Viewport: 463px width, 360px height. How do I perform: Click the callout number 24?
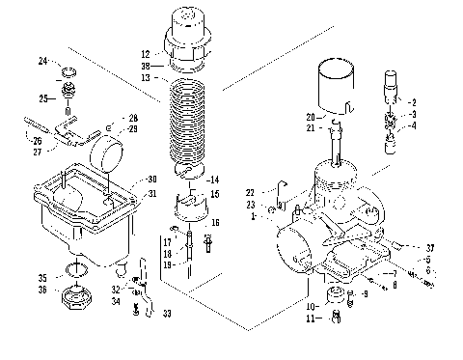click(x=42, y=62)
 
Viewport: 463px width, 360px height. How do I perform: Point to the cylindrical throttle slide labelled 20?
click(x=341, y=87)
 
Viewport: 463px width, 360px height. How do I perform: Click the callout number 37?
click(x=429, y=248)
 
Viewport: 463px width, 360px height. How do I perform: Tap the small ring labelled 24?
click(x=68, y=72)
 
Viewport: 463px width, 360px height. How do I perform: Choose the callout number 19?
click(x=166, y=264)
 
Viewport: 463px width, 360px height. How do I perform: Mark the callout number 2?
click(x=414, y=101)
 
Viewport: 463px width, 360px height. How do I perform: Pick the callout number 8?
click(x=394, y=285)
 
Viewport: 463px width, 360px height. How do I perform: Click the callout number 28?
click(x=133, y=117)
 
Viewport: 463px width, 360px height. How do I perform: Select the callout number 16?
click(x=214, y=222)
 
